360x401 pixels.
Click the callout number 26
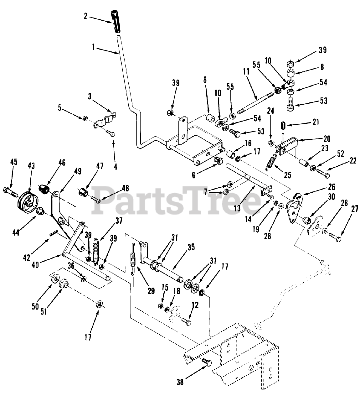331,187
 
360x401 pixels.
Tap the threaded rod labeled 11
256,103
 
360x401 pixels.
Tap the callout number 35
191,248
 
